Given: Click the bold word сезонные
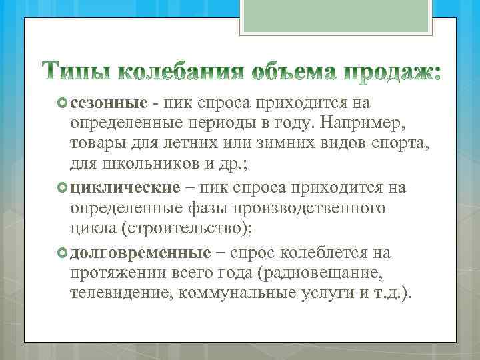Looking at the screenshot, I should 108,103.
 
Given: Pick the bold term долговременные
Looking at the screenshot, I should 140,253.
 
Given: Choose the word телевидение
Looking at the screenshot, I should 121,295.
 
